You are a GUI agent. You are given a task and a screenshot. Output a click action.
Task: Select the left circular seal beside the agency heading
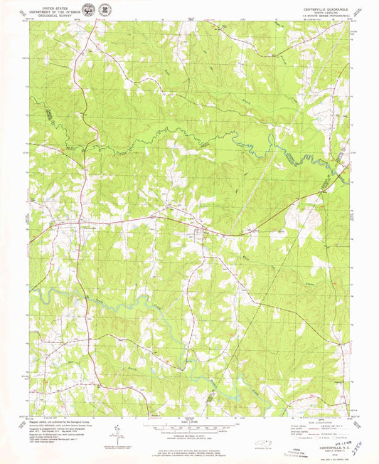88,10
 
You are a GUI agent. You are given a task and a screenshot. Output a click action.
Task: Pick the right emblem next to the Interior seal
105,10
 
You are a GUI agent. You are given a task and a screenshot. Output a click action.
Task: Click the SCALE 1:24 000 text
189,421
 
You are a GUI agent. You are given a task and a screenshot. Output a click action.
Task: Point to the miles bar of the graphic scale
189,425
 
